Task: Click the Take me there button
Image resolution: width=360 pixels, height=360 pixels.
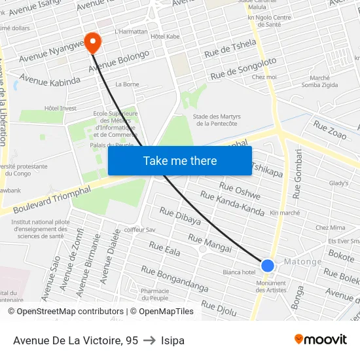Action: pos(180,161)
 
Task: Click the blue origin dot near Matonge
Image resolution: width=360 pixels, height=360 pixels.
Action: pos(268,265)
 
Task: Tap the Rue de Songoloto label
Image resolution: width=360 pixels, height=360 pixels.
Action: pos(240,69)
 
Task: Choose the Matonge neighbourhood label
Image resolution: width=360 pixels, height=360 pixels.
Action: pos(302,262)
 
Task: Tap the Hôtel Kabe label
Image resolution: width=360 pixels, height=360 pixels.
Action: pos(165,37)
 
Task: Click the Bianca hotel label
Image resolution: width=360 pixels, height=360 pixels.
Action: pos(239,272)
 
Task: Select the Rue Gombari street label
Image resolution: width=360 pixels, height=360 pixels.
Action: pos(298,173)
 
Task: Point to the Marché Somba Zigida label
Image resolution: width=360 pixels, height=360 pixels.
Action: pos(319,81)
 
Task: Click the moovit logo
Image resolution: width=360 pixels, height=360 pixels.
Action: pos(320,339)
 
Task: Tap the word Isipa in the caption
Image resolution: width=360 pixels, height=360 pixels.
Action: pos(173,340)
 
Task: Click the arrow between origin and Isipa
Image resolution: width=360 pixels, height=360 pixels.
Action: pos(149,340)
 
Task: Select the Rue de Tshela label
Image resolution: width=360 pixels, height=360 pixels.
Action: pos(230,47)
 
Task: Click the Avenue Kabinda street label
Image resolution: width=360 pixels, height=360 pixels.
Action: pos(50,80)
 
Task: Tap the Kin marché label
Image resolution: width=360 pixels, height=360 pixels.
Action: pos(285,213)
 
